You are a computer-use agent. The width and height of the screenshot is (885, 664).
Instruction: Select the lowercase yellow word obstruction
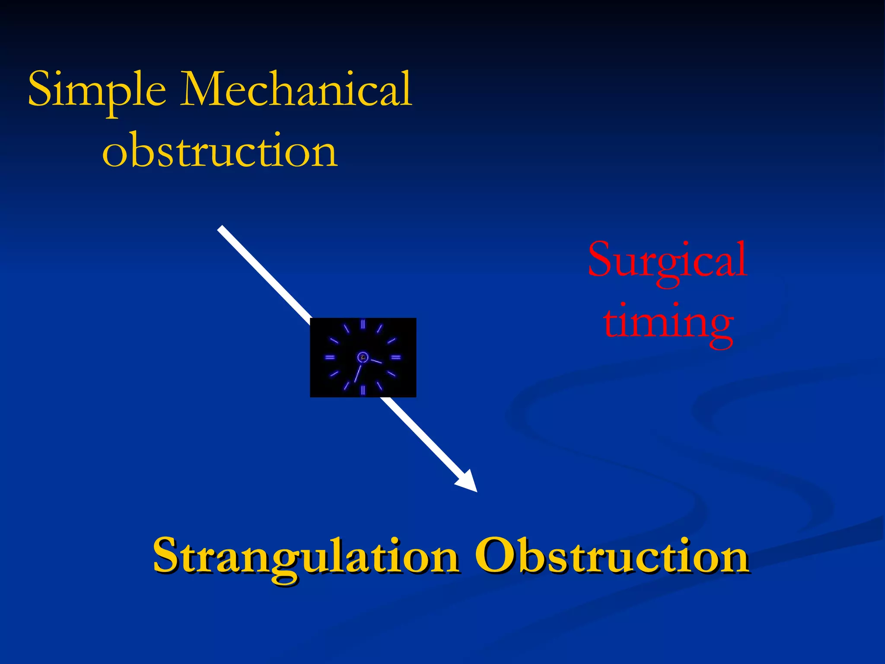[220, 150]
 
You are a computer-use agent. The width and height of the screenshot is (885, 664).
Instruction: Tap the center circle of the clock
[363, 357]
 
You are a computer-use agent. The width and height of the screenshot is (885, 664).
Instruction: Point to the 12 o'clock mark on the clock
[363, 324]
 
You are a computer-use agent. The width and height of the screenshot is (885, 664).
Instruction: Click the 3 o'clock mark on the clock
[396, 358]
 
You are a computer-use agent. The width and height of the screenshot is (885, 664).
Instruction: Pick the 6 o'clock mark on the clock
[363, 390]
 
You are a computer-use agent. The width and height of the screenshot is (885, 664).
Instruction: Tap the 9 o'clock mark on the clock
[330, 358]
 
